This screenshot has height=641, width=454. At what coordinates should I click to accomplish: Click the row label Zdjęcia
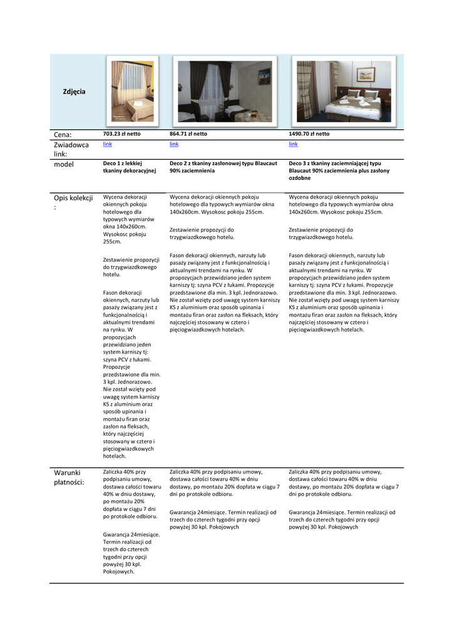click(x=74, y=91)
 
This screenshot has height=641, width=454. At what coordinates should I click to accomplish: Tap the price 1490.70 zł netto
click(x=309, y=134)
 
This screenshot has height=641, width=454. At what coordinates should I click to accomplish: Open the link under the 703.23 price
click(x=107, y=144)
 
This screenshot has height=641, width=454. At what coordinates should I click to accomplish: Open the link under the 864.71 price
click(x=174, y=144)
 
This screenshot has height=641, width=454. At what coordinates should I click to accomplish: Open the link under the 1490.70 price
click(x=293, y=144)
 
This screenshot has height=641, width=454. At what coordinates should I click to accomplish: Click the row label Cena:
click(x=63, y=135)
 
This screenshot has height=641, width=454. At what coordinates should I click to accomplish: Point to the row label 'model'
click(x=64, y=165)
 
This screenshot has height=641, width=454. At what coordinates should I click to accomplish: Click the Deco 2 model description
click(x=223, y=167)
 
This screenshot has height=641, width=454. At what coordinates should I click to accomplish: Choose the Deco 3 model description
click(x=339, y=170)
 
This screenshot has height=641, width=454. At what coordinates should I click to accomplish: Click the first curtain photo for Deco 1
click(x=132, y=91)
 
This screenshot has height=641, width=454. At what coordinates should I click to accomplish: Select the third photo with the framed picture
click(x=343, y=91)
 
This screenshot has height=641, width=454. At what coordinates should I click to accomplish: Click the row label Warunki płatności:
click(x=69, y=477)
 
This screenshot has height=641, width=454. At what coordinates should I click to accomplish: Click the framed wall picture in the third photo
click(x=364, y=76)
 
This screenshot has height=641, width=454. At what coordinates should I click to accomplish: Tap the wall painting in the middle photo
click(x=264, y=76)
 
